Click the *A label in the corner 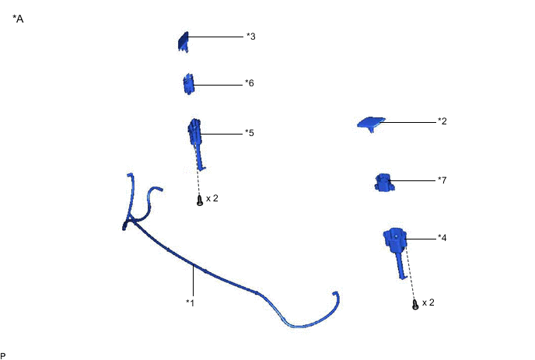point(18,19)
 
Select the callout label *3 point(250,37)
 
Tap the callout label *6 point(250,83)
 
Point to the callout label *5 point(250,133)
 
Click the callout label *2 point(442,121)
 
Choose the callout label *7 point(442,180)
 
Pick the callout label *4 point(442,237)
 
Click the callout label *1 point(191,302)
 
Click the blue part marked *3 point(184,42)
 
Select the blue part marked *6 point(188,84)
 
